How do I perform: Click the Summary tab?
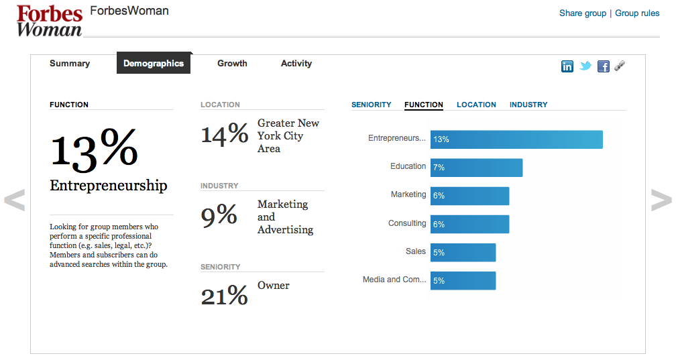point(70,64)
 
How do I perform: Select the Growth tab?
point(232,64)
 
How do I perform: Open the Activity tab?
point(296,64)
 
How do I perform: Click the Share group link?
point(582,13)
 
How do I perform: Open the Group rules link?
point(637,13)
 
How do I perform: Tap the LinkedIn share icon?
point(567,66)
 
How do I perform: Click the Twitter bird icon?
point(585,66)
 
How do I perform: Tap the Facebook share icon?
point(604,66)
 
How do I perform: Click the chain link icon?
point(620,66)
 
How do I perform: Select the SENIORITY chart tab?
point(371,105)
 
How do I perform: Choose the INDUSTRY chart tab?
point(528,105)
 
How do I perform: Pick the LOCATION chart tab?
point(476,105)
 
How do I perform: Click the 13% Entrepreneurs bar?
point(516,139)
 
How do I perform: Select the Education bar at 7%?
point(476,168)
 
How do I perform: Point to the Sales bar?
point(463,252)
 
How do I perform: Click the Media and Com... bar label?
point(394,280)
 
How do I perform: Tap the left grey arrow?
point(14,200)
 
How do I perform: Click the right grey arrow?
point(661,200)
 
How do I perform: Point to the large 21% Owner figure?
point(224,295)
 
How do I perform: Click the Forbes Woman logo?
point(49,20)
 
